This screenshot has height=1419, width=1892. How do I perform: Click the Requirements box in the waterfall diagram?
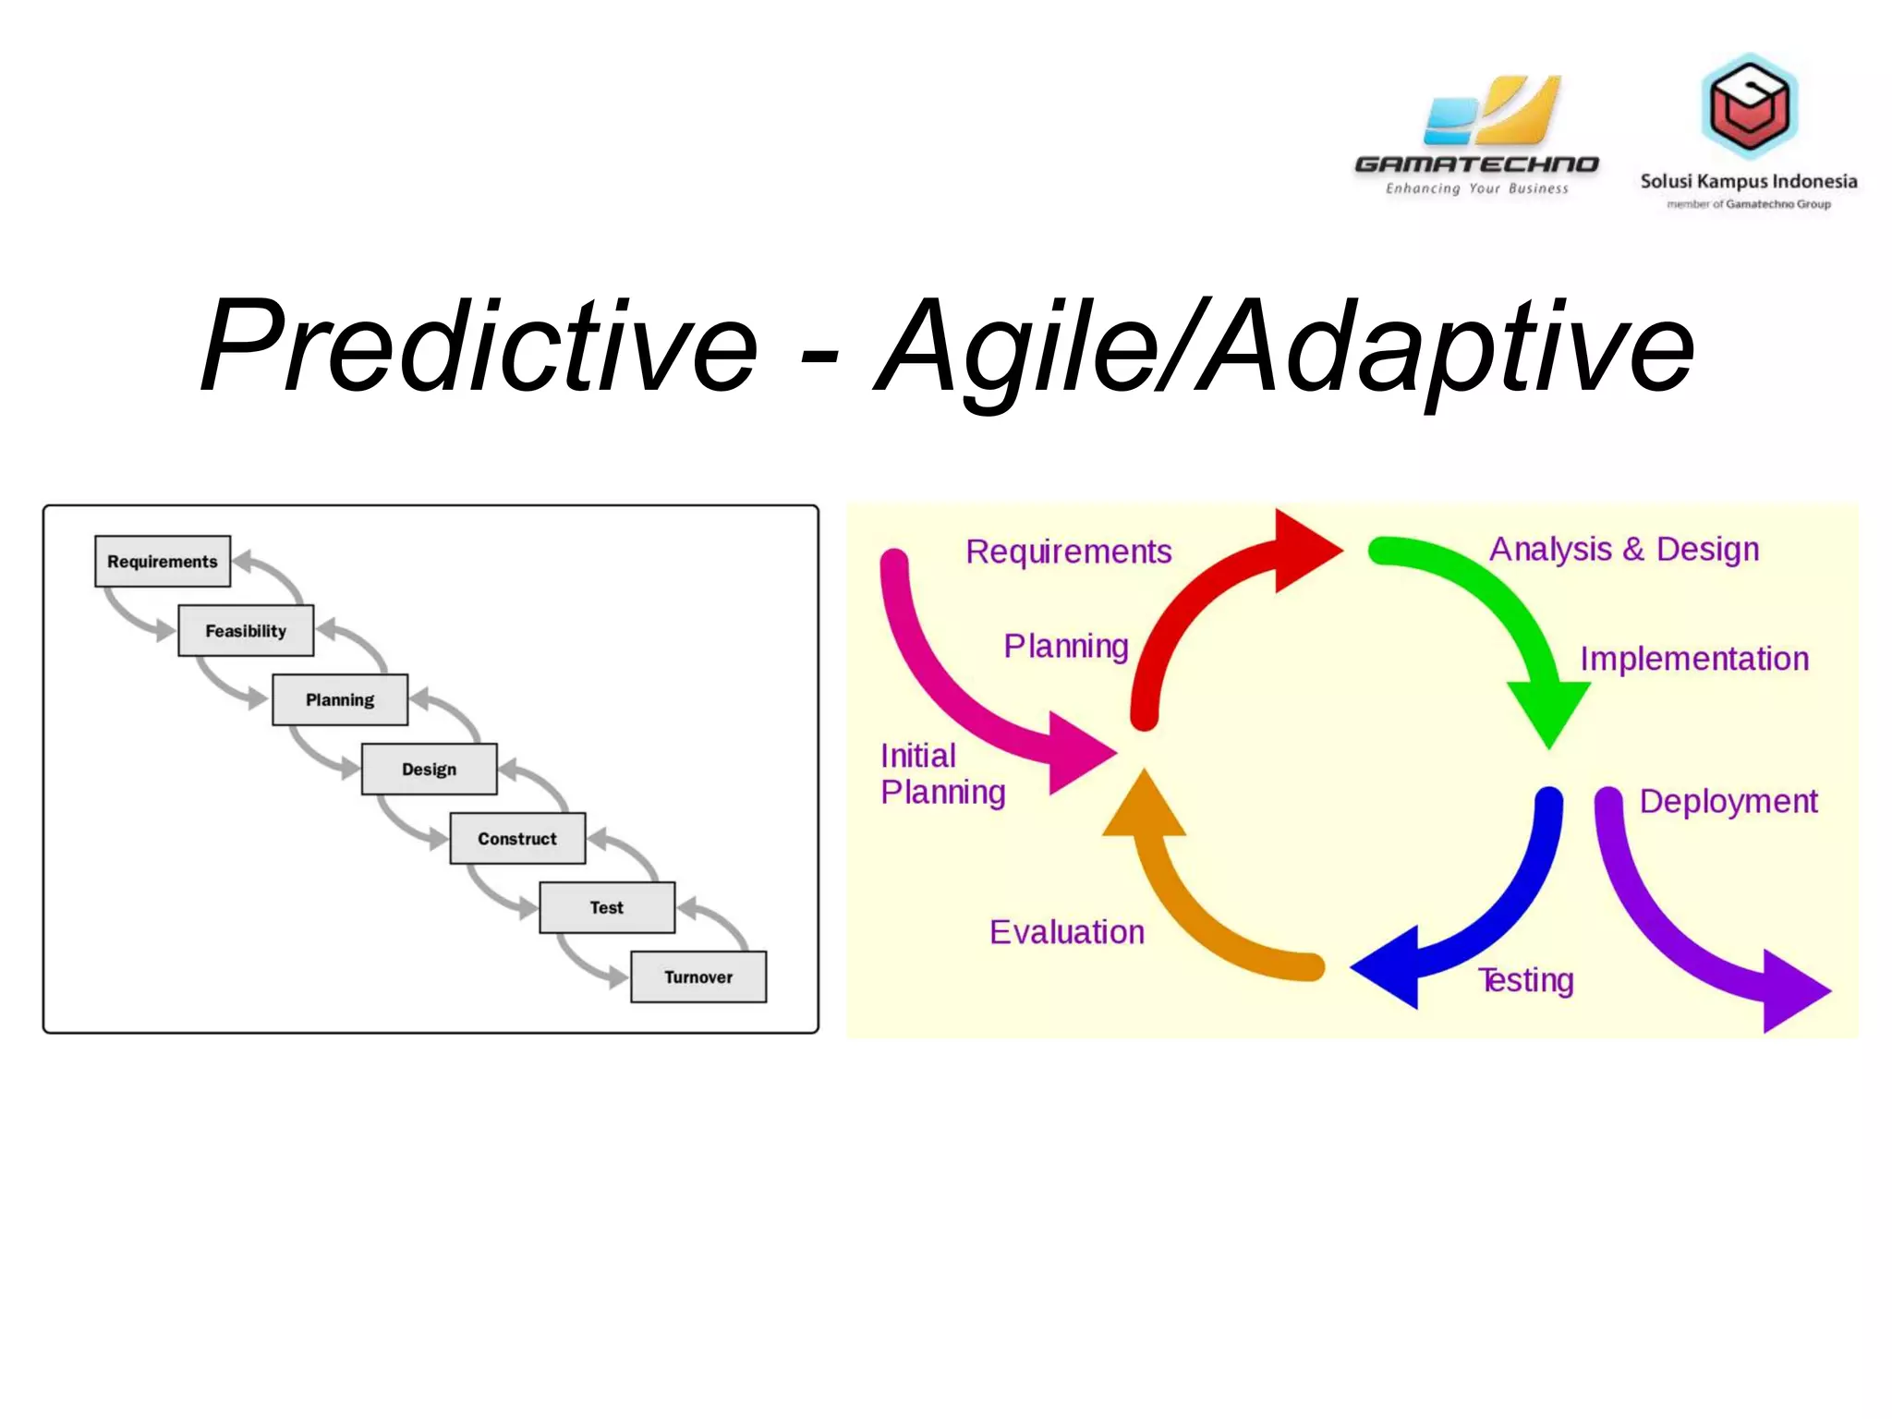tap(163, 562)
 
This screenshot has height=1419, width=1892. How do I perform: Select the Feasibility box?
tap(246, 631)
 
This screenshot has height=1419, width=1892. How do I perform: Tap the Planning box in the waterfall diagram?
tap(340, 700)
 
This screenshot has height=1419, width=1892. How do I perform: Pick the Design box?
tap(429, 770)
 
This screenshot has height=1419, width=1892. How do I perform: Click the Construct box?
tap(517, 839)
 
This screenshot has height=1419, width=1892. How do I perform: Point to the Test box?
tap(607, 908)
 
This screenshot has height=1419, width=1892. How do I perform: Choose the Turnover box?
tap(698, 977)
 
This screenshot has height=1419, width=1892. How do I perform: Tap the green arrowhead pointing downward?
tap(1549, 711)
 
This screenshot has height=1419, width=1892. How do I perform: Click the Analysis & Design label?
tap(1624, 550)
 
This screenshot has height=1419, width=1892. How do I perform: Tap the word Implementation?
tap(1694, 659)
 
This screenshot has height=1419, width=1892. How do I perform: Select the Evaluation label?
tap(1067, 932)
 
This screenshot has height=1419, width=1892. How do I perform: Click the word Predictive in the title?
tap(479, 347)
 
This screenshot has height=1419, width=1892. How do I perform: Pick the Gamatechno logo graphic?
tap(1491, 111)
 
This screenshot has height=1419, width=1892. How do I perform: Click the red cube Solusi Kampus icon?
tap(1749, 105)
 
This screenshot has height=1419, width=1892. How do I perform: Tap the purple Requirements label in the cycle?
tap(1069, 552)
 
